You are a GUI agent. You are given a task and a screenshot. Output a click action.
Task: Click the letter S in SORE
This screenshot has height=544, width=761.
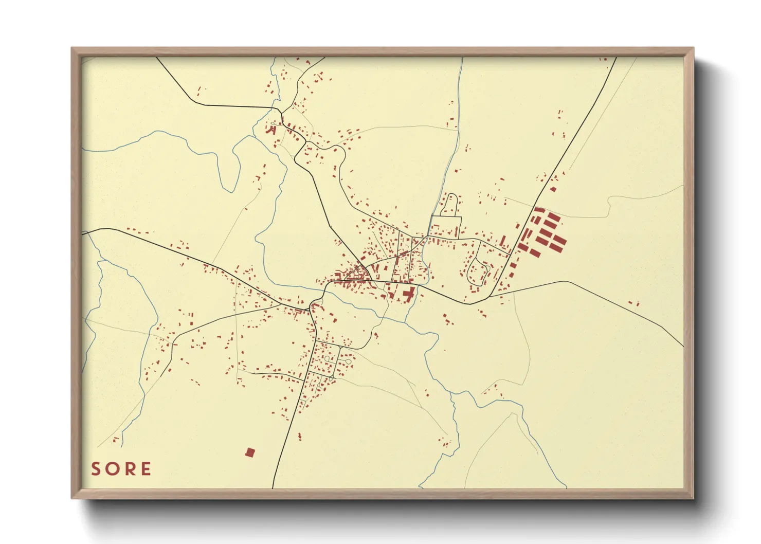[x=96, y=469]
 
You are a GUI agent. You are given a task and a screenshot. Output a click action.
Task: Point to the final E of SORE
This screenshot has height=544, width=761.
[x=146, y=469]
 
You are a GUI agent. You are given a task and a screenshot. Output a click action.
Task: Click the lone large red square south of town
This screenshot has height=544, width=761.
[x=250, y=452]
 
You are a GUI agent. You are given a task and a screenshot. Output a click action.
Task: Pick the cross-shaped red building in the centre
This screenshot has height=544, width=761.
[x=409, y=295]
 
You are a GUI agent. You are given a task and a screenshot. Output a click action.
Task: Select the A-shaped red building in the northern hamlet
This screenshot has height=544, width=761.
[x=271, y=130]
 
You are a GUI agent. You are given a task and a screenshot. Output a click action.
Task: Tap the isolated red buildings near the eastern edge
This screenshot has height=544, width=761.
[x=633, y=303]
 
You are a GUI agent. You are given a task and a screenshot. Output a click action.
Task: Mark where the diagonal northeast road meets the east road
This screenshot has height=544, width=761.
[x=488, y=297]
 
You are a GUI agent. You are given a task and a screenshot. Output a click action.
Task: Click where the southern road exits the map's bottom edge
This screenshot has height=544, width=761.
[x=273, y=487]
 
